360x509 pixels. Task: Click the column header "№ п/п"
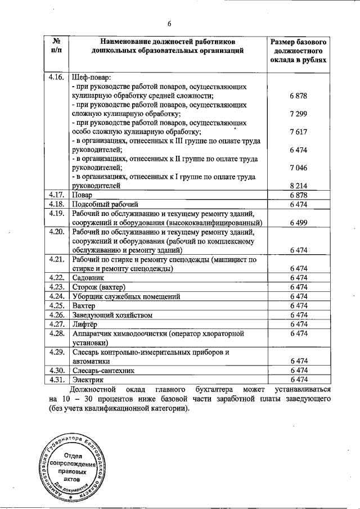point(56,46)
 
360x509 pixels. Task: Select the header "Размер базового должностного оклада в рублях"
point(298,51)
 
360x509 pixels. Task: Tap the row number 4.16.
point(56,76)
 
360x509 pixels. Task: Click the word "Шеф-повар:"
point(93,76)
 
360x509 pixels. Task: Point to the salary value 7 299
point(298,114)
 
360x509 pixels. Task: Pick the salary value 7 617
point(298,132)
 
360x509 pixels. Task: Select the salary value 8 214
point(298,185)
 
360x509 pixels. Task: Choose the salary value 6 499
point(298,222)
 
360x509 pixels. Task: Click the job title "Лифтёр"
point(86,324)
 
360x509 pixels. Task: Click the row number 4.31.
point(56,380)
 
